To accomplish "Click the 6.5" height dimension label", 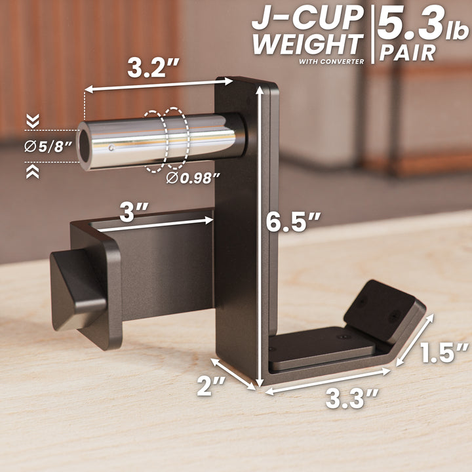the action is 293,222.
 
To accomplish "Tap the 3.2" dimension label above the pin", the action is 153,68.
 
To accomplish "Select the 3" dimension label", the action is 134,212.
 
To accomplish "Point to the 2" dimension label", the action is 210,386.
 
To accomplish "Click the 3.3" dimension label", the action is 352,399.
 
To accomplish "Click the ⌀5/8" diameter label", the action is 48,147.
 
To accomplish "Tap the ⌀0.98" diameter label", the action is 193,178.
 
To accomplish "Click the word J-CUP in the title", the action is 307,18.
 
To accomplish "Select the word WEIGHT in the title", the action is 307,45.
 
